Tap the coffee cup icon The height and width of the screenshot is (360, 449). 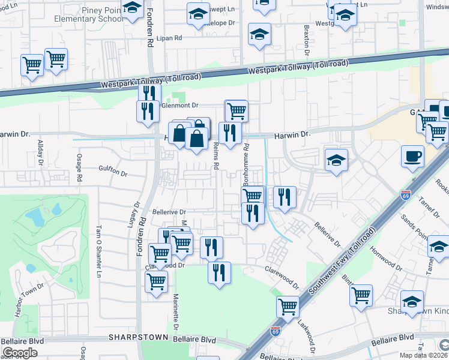(413, 157)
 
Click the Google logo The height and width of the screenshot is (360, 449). (20, 353)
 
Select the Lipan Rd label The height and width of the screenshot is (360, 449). (169, 38)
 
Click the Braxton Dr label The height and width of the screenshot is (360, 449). (306, 40)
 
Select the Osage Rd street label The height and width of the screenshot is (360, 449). (79, 168)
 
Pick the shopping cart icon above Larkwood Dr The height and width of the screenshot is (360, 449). (288, 307)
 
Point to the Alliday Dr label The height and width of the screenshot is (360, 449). (41, 152)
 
